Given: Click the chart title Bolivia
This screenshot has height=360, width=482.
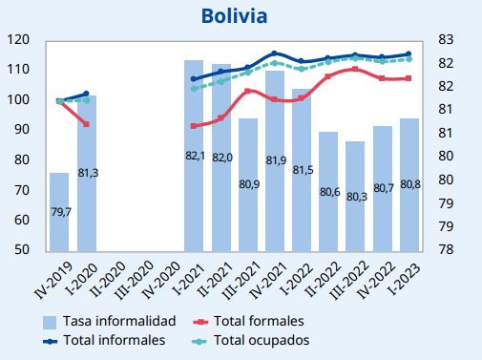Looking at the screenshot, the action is click(234, 16).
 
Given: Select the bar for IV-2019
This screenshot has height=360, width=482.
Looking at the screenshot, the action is click(59, 212).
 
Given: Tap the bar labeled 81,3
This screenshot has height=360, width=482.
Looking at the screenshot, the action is click(87, 174).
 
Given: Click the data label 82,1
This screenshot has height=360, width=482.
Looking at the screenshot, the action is click(195, 156).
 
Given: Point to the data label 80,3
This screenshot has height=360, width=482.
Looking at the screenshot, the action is click(357, 197).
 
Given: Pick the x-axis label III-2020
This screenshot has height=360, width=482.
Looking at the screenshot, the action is click(135, 280).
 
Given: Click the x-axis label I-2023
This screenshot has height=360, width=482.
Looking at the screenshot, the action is click(405, 279).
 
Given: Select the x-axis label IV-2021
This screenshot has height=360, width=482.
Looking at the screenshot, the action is click(268, 280).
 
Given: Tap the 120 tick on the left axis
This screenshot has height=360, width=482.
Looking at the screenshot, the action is click(18, 39).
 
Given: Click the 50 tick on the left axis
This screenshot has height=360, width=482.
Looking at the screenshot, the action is click(22, 249).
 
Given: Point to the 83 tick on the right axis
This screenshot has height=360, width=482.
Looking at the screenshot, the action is click(446, 39).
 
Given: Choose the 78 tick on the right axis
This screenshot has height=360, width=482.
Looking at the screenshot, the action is click(446, 249).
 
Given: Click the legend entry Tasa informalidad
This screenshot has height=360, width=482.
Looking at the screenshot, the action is click(110, 321).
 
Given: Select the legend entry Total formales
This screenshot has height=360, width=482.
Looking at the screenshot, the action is click(248, 321).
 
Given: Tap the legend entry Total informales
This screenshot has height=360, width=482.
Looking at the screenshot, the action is click(104, 340).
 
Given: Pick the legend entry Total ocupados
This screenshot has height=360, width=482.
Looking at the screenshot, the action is click(251, 340).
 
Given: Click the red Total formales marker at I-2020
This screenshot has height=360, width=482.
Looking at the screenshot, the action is click(86, 124).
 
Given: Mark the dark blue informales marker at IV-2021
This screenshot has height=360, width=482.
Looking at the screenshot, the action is click(275, 53).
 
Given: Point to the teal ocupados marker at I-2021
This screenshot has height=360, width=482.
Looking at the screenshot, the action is click(194, 89).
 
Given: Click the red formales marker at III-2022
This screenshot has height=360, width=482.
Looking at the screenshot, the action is click(355, 69).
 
